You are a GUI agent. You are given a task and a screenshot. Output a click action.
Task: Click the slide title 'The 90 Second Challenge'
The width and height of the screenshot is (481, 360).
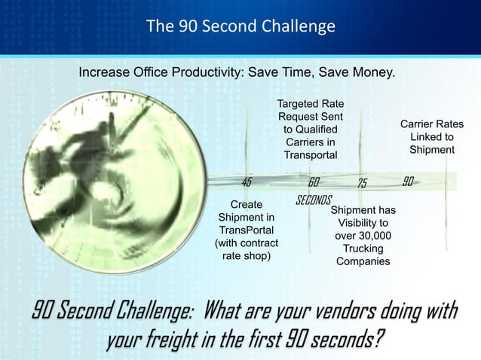tap(240, 27)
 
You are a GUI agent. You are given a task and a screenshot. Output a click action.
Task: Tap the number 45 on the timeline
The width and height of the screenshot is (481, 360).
tap(247, 182)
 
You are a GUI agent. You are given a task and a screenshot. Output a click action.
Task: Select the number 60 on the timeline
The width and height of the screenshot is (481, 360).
tap(314, 182)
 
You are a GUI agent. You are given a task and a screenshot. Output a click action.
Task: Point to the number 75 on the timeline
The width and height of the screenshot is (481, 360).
tap(362, 184)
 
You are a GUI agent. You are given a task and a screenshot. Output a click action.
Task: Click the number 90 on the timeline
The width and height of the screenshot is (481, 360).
tap(408, 182)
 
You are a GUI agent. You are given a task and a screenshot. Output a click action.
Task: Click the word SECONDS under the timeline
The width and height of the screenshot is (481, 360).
tap(314, 200)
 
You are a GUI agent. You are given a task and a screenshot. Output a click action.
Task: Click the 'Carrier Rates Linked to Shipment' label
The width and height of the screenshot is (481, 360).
tap(431, 137)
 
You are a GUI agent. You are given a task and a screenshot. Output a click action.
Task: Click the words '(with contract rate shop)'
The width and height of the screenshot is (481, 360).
tap(247, 249)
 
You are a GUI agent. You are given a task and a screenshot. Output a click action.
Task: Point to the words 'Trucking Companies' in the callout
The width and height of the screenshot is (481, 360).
tap(363, 255)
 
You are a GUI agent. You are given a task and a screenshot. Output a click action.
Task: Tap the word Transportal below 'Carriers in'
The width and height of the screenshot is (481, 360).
tap(310, 154)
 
